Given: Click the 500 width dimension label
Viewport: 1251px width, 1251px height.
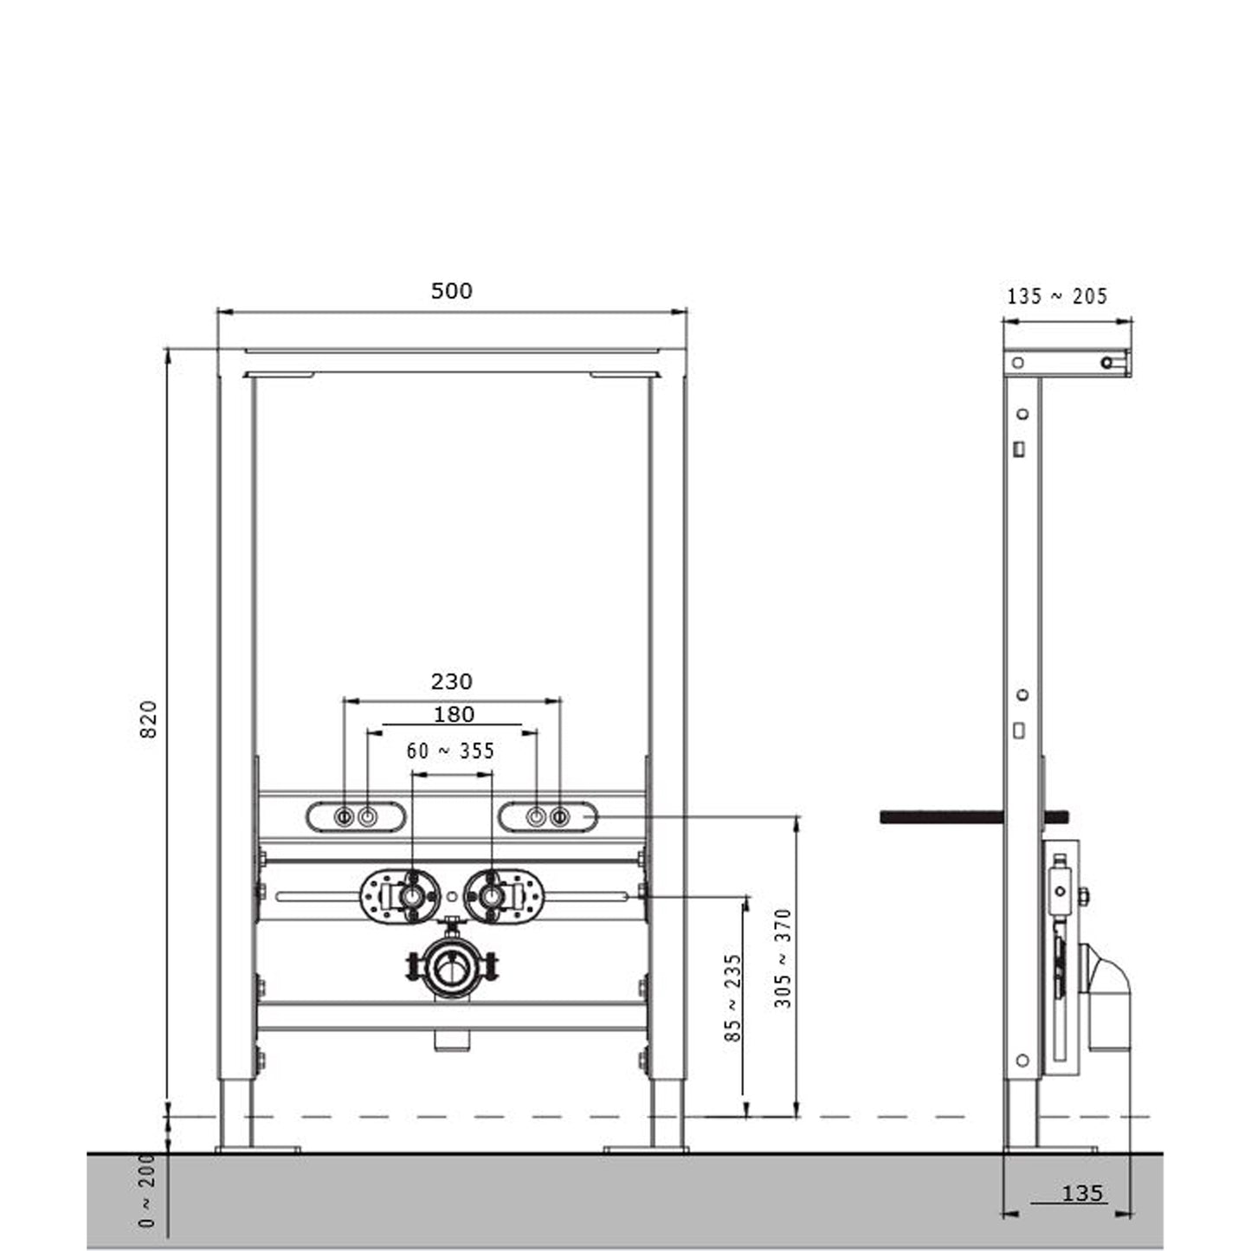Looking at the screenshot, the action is click(x=452, y=291).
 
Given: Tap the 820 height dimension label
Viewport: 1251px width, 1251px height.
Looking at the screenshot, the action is click(x=149, y=719).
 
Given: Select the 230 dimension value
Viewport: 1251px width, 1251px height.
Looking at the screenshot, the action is click(x=452, y=681).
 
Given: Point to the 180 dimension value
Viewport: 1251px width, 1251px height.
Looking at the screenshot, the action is click(x=454, y=714).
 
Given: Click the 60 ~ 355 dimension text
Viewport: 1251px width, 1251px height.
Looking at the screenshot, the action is click(x=450, y=751).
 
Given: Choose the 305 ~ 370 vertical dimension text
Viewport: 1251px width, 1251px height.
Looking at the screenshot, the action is click(x=783, y=958).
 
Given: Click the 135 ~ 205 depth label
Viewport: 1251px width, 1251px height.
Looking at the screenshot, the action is click(x=1058, y=297).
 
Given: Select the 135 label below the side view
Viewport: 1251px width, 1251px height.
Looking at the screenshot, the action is click(x=1082, y=1193).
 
